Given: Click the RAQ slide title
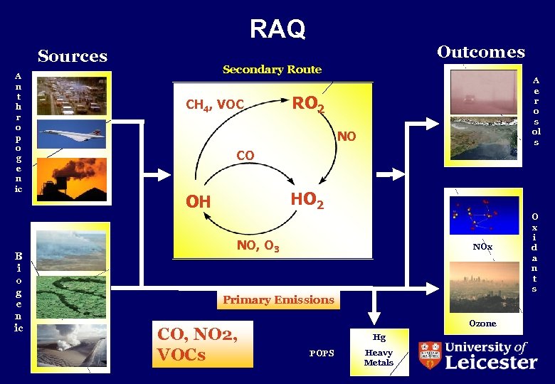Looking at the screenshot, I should (277, 28).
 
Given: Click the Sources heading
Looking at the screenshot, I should (73, 56).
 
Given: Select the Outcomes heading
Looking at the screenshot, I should (481, 52).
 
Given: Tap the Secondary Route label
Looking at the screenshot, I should (272, 70).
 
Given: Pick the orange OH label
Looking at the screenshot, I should (198, 202).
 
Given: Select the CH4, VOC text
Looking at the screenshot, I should (215, 105).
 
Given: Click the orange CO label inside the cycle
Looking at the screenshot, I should (245, 154).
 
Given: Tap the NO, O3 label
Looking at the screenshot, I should (258, 247).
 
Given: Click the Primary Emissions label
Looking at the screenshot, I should (278, 299).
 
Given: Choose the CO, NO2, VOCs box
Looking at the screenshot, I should (203, 344).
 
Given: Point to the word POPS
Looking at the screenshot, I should (322, 353).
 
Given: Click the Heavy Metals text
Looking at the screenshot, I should (379, 358).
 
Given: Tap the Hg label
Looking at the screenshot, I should (379, 338).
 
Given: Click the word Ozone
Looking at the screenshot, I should (482, 324).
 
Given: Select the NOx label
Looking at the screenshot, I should (482, 247).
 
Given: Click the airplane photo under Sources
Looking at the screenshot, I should (72, 133).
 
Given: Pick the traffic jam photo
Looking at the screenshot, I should (72, 95).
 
